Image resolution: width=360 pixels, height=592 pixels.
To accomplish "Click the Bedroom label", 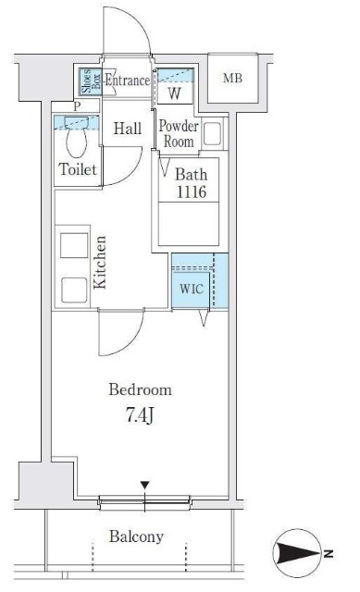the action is pos(140,389).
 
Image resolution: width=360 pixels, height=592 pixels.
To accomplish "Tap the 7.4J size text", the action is pos(140,415).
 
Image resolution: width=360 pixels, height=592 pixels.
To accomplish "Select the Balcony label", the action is pos(136,536).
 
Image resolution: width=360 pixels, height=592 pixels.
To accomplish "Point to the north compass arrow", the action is pos(299,553).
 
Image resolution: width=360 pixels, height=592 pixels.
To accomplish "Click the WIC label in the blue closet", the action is pos(192,289).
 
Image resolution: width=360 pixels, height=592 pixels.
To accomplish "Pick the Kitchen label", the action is pos(100,263).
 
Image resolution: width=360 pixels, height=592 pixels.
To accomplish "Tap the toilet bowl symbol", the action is pos(77,138).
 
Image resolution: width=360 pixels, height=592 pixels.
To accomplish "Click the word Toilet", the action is pos(78,169).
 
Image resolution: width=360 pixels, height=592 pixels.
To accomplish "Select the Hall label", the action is pos(128,129).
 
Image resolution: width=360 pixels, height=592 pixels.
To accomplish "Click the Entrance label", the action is pos(127,80).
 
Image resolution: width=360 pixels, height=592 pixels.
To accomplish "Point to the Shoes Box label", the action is pos(91,80).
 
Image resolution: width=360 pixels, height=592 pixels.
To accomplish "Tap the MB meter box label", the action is pos(232,78).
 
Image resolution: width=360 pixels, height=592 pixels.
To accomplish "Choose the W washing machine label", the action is pos(175,92).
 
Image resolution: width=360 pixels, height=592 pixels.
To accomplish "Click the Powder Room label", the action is pos(179,133).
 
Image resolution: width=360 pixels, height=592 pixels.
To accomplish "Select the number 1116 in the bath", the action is pos(192,192).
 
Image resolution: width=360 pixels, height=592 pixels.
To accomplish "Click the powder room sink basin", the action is pos(212,133).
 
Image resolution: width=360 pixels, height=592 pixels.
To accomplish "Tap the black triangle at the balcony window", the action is pos(144,485).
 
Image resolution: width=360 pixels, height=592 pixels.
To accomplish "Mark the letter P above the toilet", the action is pos(77,106).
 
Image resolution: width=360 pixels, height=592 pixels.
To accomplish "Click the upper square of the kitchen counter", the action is pos(74,245).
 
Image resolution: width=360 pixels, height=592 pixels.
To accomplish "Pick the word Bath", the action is pos(192,175).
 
